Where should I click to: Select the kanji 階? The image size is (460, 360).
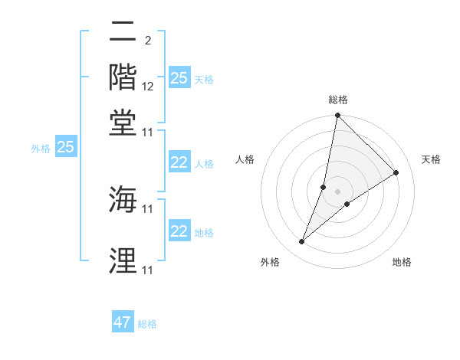tap(123, 77)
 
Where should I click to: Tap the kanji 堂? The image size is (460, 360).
tap(123, 123)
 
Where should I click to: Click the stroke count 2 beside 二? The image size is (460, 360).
tap(147, 40)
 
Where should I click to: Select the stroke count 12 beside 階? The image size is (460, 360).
tap(148, 87)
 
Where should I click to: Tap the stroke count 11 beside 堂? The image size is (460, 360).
tap(148, 133)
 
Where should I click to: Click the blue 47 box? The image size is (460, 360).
tap(123, 322)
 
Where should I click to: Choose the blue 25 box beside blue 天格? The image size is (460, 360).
tap(179, 78)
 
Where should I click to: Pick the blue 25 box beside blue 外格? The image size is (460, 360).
tap(65, 147)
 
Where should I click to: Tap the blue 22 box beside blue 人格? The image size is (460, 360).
tap(179, 162)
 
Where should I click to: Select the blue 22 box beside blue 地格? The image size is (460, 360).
tap(179, 231)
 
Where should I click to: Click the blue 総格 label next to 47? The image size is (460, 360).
tap(147, 324)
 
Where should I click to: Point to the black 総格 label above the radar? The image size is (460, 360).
tap(338, 100)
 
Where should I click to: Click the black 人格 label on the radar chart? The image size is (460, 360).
tap(245, 159)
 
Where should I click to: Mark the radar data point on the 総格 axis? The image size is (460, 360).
tap(337, 116)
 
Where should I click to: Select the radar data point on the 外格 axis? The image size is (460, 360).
tap(302, 242)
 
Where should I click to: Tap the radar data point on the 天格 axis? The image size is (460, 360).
tap(396, 172)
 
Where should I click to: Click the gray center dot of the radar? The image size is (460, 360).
tap(337, 191)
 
